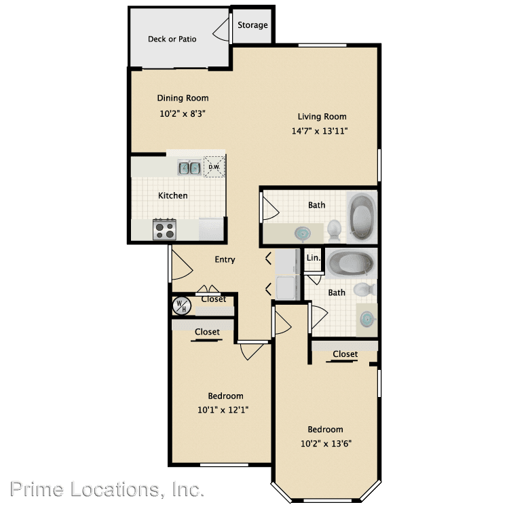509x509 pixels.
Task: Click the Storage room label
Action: pos(252,25)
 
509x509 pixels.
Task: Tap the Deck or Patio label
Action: pos(172,39)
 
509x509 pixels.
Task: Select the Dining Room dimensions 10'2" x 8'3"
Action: pos(183,113)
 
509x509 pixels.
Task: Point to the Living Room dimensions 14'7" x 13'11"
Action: pos(320,131)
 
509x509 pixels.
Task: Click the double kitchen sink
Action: pos(189,168)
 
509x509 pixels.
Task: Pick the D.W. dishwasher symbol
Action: pos(214,167)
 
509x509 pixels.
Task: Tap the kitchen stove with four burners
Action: pos(165,229)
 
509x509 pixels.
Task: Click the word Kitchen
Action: pos(172,195)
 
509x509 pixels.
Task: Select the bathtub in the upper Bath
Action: pos(362,216)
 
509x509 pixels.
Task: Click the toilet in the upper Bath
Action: pos(334,230)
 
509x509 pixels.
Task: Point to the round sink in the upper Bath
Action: pos(303,233)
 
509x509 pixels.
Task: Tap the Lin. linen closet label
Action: pos(314,258)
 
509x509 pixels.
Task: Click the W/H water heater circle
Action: pos(182,306)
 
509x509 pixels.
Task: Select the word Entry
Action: pos(225,260)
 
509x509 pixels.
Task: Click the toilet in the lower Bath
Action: pos(364,289)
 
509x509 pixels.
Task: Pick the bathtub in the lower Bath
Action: pos(351,262)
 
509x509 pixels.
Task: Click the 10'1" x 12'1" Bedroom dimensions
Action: pos(223,410)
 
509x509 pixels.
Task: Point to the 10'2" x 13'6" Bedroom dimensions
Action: pos(326,443)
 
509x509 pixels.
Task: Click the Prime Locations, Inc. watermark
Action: pos(107,489)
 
